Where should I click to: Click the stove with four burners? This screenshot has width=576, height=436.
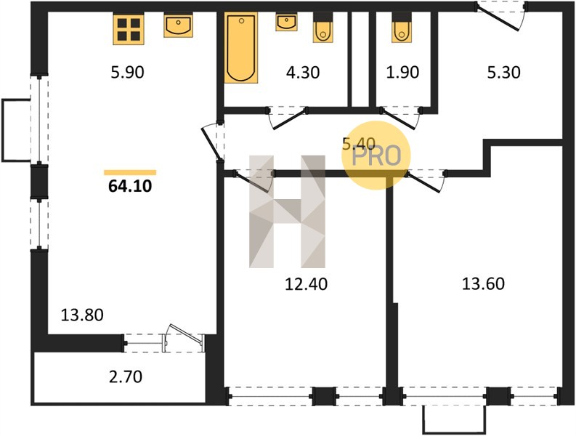click(x=129, y=29)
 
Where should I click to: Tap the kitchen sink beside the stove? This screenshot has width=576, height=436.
click(x=178, y=25)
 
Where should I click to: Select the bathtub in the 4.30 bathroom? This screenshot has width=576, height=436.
click(x=241, y=48)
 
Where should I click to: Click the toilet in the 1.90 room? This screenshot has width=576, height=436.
click(x=402, y=28)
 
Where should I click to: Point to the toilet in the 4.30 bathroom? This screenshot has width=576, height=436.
click(x=323, y=28)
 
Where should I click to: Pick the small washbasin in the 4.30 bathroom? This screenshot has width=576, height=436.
click(x=286, y=23)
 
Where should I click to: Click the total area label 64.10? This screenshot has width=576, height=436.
click(x=130, y=186)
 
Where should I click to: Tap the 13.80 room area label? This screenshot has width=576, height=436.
click(x=82, y=315)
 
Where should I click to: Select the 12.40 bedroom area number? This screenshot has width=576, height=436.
click(x=306, y=284)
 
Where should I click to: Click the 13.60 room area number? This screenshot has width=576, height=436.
click(x=483, y=284)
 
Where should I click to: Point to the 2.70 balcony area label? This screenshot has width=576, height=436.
click(x=126, y=377)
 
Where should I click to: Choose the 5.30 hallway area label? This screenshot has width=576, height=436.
click(x=503, y=73)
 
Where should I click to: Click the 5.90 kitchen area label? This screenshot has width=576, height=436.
click(x=127, y=72)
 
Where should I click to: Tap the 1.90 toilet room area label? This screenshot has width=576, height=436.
click(x=402, y=73)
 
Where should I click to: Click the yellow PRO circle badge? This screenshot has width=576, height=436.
click(x=376, y=156)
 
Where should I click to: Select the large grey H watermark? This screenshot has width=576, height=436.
click(x=287, y=211)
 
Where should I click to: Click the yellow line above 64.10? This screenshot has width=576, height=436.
click(x=130, y=172)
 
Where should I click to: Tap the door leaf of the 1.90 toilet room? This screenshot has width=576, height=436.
click(x=398, y=118)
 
